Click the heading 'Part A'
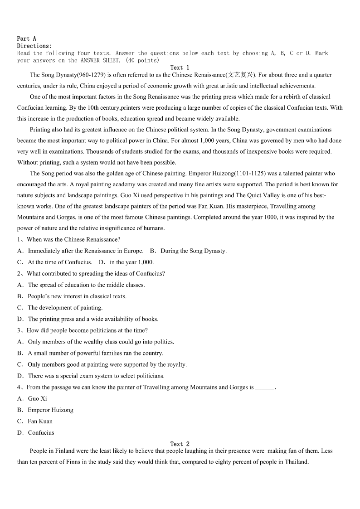[26, 39]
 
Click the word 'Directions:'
[34, 46]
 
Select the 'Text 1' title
[180, 68]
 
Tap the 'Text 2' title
[180, 444]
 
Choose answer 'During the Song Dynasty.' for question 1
[194, 251]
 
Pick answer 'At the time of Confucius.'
[60, 262]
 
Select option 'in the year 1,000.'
[131, 262]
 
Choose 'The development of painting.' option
[65, 308]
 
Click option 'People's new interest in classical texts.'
[77, 296]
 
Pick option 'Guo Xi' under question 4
[37, 398]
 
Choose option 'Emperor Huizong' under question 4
[50, 410]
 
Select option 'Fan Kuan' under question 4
[40, 421]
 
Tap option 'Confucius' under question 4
[41, 432]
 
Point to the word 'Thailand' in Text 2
[296, 462]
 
